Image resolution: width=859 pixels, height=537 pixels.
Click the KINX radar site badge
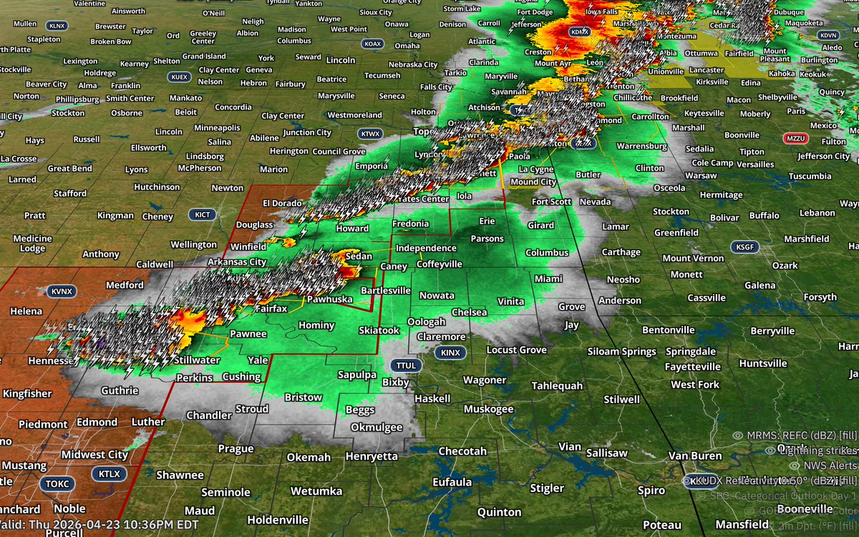point(450,353)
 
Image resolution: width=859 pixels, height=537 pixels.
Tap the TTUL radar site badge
point(404,365)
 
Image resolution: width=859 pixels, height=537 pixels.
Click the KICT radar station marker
point(202,215)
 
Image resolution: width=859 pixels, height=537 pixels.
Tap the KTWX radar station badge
point(370,133)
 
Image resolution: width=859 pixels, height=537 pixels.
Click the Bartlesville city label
point(385,290)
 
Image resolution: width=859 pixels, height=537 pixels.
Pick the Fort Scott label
point(551,202)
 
